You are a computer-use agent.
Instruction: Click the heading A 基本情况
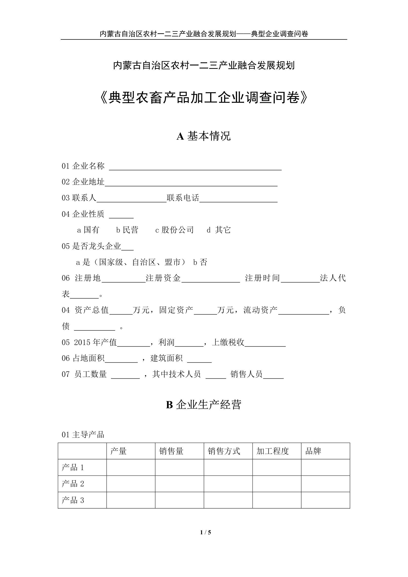click(204, 136)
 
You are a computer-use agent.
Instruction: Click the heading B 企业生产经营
click(204, 405)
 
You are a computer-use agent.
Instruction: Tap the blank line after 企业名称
click(195, 167)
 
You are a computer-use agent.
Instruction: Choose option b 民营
click(127, 230)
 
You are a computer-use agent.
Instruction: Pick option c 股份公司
click(175, 230)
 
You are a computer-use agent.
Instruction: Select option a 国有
click(88, 230)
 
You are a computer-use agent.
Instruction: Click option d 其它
click(219, 230)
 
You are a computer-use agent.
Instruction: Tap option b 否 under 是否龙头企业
click(200, 262)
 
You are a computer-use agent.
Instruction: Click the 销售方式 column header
click(224, 451)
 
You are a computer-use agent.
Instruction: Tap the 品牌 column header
click(313, 451)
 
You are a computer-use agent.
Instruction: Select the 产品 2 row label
click(73, 484)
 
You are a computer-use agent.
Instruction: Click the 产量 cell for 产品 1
click(131, 467)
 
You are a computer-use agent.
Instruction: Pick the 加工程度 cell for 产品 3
click(277, 500)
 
